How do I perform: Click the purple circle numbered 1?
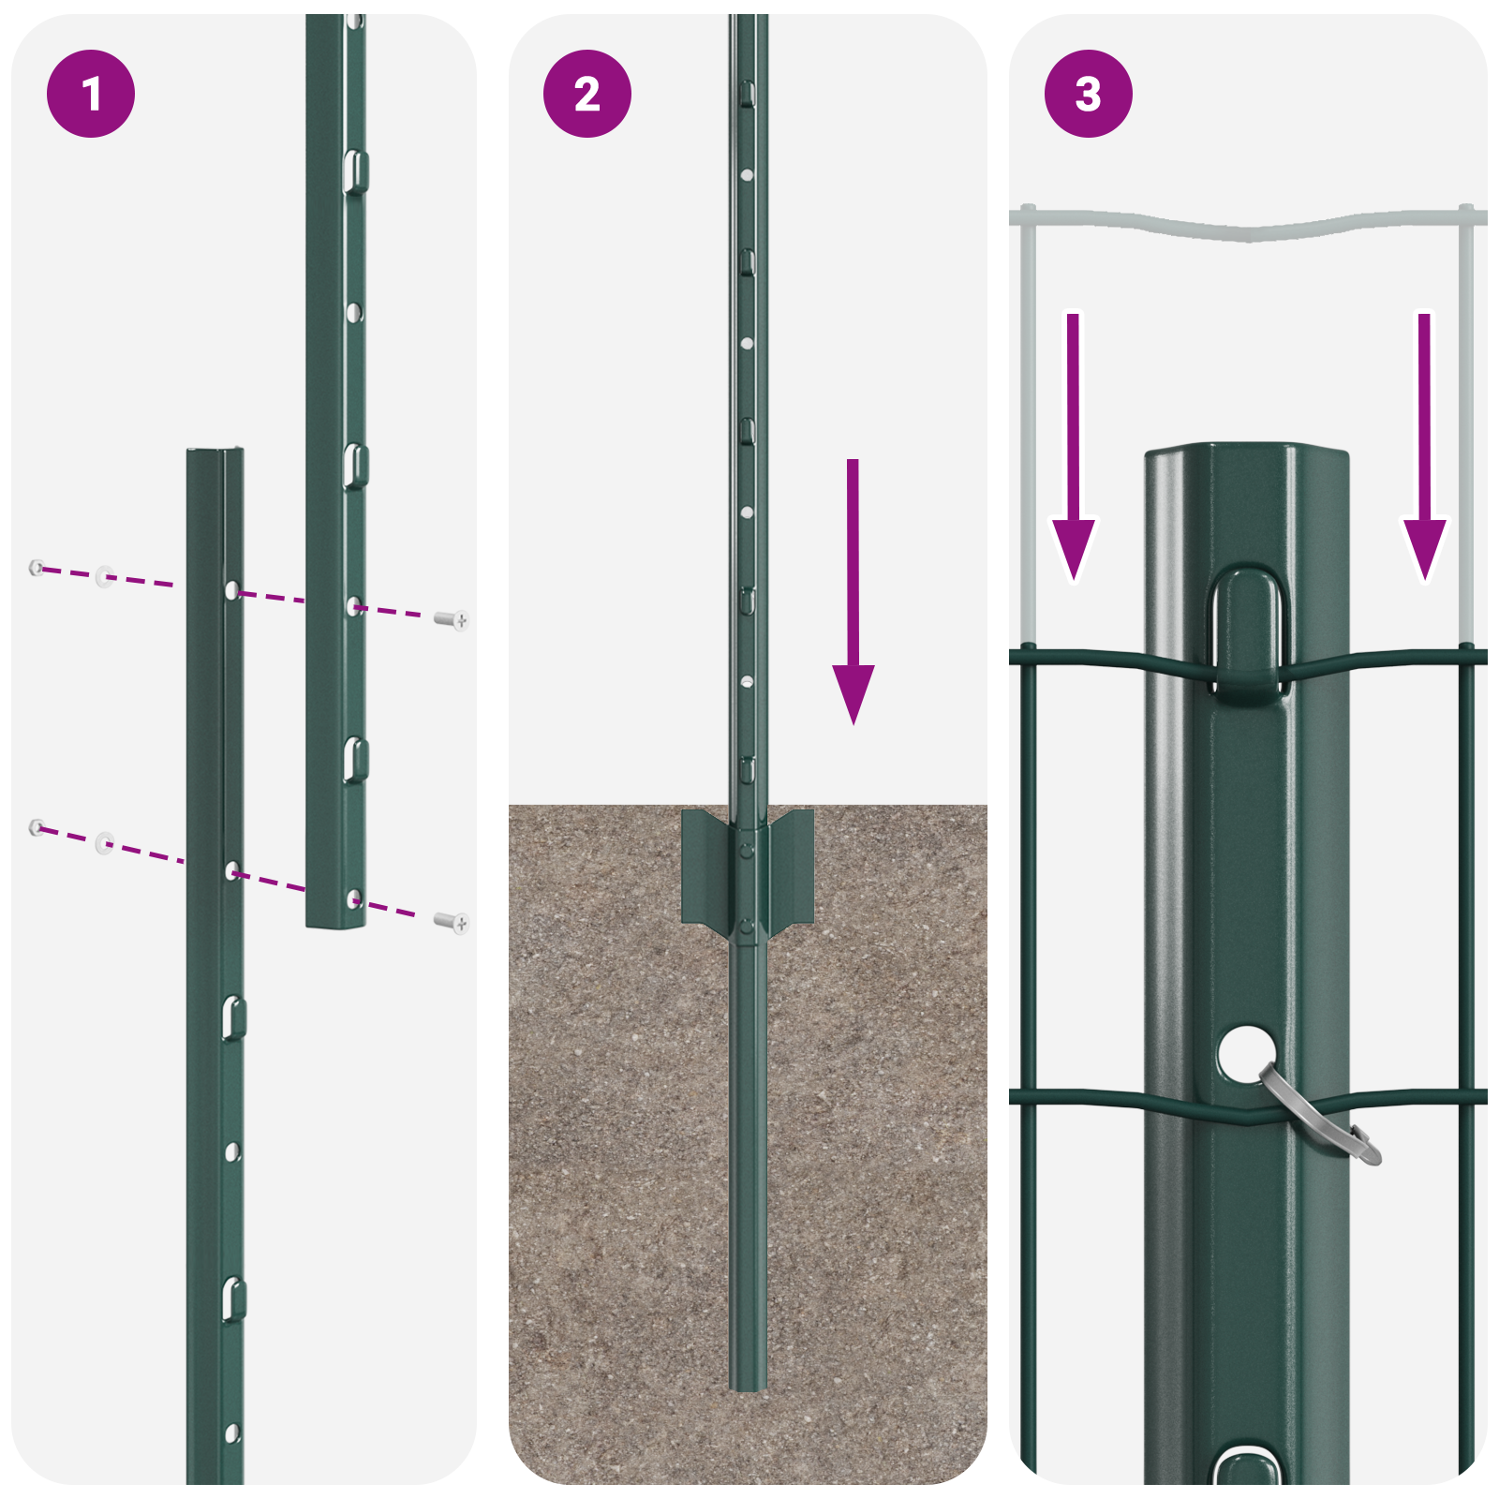coord(91,94)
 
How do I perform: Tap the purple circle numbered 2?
coord(587,94)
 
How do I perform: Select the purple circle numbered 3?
coord(1088,94)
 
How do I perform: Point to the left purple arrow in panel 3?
coord(1074,450)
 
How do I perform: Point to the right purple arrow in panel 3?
coord(1424,450)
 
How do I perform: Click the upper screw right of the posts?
coord(453,619)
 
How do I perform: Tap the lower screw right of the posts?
coord(453,923)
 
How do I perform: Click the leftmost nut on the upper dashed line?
coord(37,567)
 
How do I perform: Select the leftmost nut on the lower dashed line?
coord(37,826)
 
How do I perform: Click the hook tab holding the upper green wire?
coord(1250,637)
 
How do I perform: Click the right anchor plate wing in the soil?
coord(793,867)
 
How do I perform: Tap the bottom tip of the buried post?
coord(748,1385)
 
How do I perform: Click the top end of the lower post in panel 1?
coord(215,454)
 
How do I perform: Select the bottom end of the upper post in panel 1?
coord(335,922)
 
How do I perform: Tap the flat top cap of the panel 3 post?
coord(1246,454)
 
